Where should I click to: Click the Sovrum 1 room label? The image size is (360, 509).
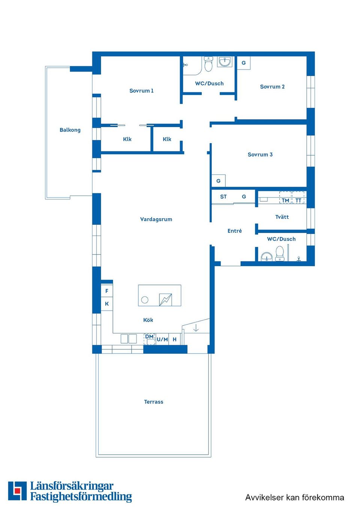pyautogui.click(x=141, y=91)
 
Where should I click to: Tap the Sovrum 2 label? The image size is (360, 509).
pyautogui.click(x=272, y=87)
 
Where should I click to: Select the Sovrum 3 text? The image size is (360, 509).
pyautogui.click(x=260, y=154)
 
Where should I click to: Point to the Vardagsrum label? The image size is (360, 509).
pyautogui.click(x=156, y=219)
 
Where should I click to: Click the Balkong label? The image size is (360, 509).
pyautogui.click(x=70, y=130)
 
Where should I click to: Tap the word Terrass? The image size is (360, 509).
pyautogui.click(x=153, y=402)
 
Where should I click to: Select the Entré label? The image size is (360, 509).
pyautogui.click(x=234, y=231)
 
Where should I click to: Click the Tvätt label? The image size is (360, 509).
pyautogui.click(x=282, y=217)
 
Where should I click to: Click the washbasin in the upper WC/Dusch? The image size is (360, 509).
pyautogui.click(x=225, y=61)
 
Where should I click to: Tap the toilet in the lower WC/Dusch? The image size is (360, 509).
pyautogui.click(x=280, y=254)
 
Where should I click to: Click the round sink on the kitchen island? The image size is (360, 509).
pyautogui.click(x=145, y=300)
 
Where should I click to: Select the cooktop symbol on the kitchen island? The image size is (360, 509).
pyautogui.click(x=165, y=299)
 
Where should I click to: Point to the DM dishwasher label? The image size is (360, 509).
pyautogui.click(x=149, y=337)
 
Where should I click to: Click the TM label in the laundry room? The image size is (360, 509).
pyautogui.click(x=285, y=201)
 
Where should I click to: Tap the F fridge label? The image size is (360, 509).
pyautogui.click(x=107, y=291)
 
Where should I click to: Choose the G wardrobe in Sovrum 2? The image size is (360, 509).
pyautogui.click(x=244, y=63)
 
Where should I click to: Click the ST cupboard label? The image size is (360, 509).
pyautogui.click(x=223, y=197)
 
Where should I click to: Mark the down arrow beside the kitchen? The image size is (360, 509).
pyautogui.click(x=196, y=328)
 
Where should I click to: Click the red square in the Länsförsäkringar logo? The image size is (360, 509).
pyautogui.click(x=17, y=491)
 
